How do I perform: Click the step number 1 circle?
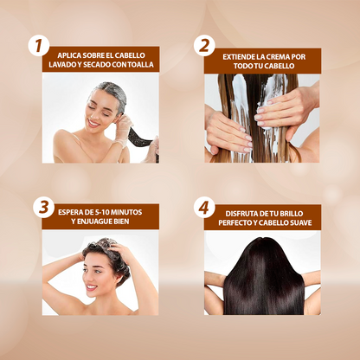pyautogui.click(x=39, y=46)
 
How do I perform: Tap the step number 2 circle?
pyautogui.click(x=204, y=46)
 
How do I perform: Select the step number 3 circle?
pyautogui.click(x=44, y=207)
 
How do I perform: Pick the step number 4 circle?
pyautogui.click(x=204, y=208)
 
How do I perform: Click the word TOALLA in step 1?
pyautogui.click(x=140, y=65)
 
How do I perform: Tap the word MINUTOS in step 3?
pyautogui.click(x=127, y=212)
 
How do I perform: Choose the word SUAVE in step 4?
pyautogui.click(x=301, y=222)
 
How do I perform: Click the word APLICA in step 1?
pyautogui.click(x=67, y=55)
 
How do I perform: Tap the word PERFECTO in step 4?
pyautogui.click(x=233, y=222)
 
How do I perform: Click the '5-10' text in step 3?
pyautogui.click(x=102, y=212)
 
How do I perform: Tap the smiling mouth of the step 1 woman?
pyautogui.click(x=93, y=124)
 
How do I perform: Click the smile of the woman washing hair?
pyautogui.click(x=92, y=287)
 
